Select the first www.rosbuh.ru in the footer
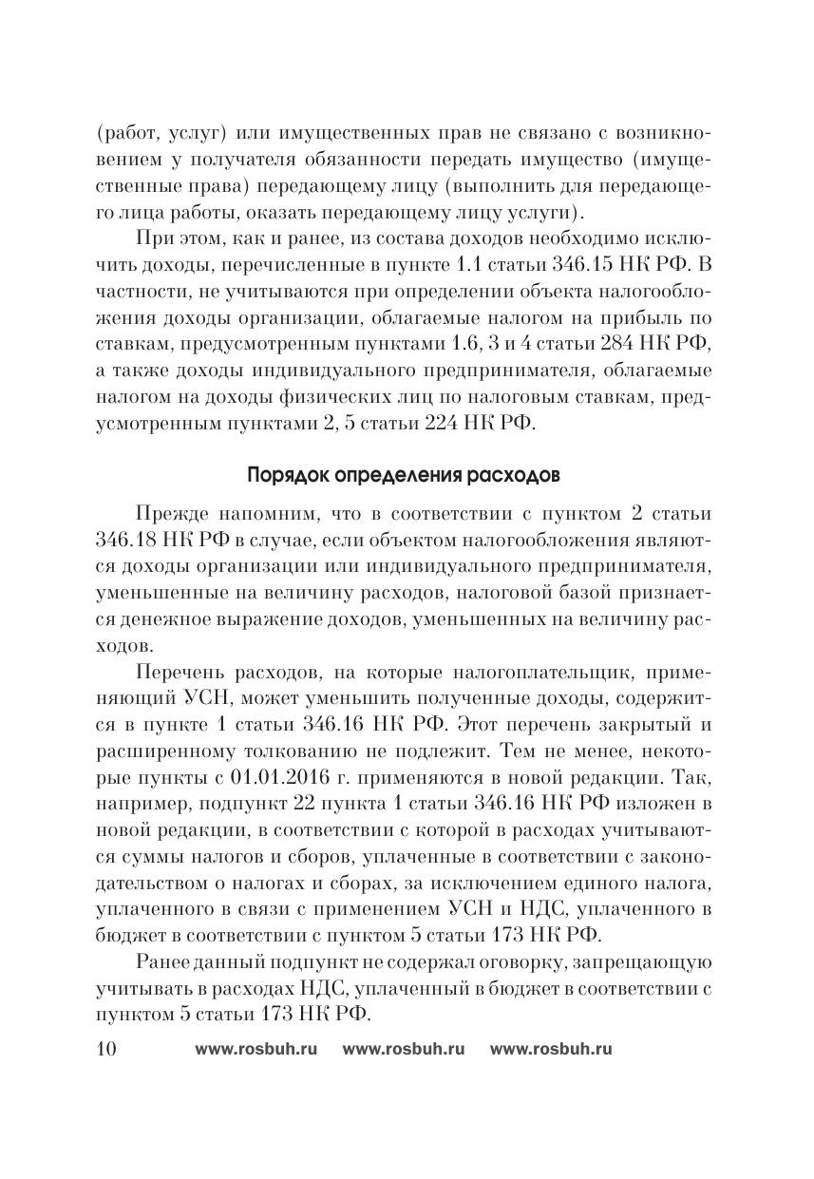[x=256, y=1049]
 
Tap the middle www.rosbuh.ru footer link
[x=403, y=1049]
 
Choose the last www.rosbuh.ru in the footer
[x=551, y=1049]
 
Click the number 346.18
[x=127, y=541]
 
